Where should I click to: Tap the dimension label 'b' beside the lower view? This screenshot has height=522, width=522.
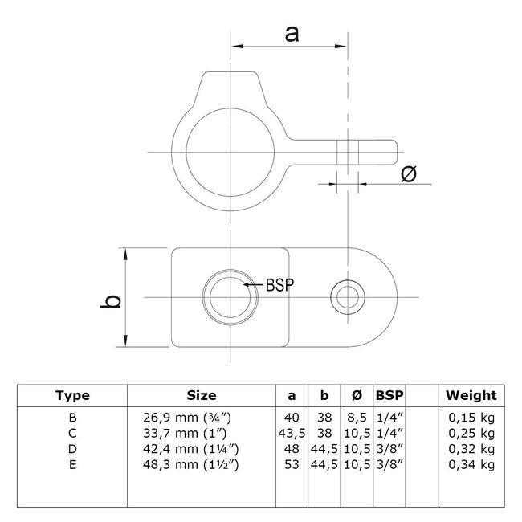click(115, 300)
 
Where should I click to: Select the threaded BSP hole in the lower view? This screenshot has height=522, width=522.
click(230, 298)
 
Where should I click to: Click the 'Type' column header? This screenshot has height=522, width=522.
click(72, 395)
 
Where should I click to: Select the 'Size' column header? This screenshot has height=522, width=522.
click(202, 395)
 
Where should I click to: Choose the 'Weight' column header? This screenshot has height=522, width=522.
click(471, 395)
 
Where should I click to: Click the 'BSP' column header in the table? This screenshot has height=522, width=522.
click(389, 395)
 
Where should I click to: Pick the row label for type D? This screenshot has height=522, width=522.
click(72, 448)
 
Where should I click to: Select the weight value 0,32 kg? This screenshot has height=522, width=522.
click(471, 448)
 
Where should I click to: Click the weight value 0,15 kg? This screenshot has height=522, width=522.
click(471, 418)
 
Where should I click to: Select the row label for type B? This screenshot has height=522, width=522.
click(72, 418)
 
